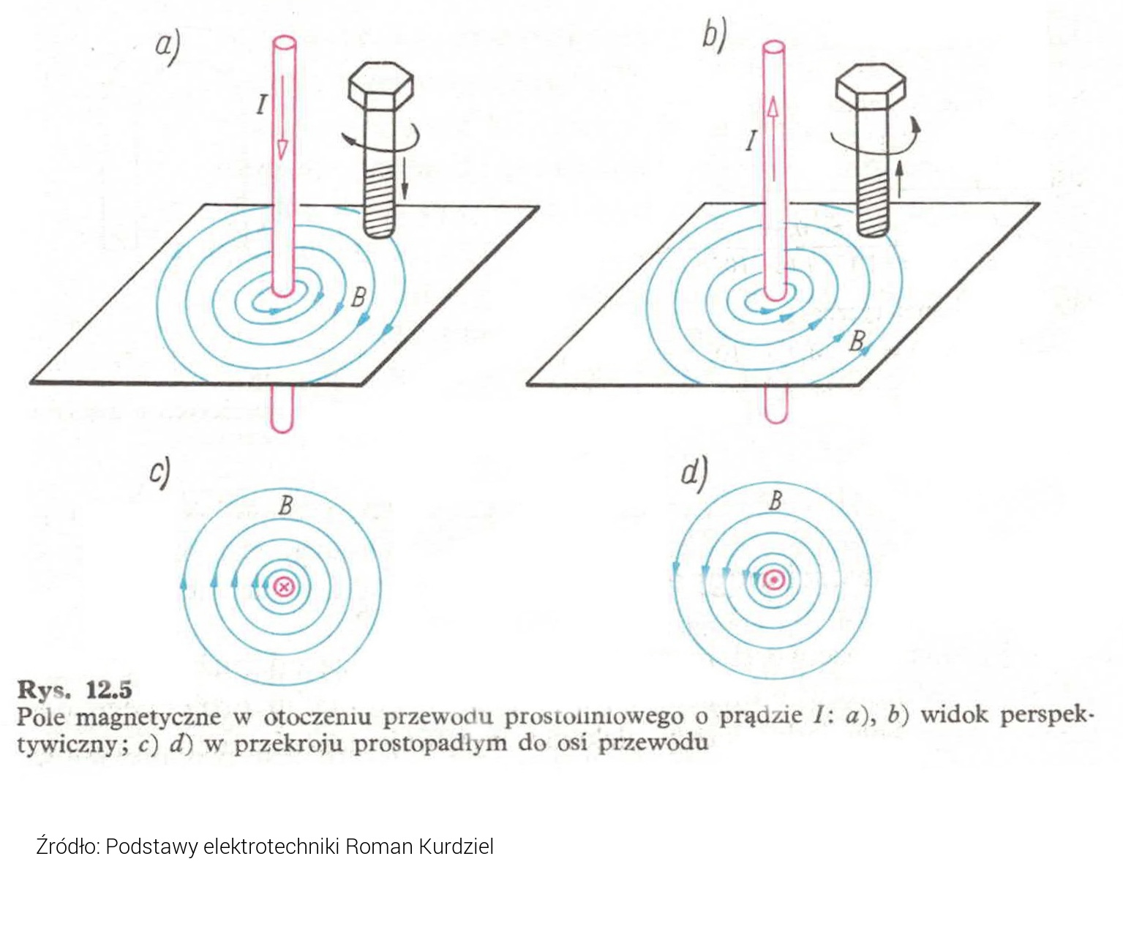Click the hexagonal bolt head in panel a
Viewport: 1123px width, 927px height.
[x=381, y=86]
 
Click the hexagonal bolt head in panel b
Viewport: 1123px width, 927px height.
[x=871, y=86]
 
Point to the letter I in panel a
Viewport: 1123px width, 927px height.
[x=261, y=104]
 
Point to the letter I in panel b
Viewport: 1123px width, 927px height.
[x=751, y=141]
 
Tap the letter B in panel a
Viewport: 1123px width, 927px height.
[x=358, y=297]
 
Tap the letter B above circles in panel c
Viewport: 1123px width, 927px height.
[x=285, y=506]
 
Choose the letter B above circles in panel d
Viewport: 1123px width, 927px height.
[x=775, y=501]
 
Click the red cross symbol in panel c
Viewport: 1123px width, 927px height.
[x=285, y=587]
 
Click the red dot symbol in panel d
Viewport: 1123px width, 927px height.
[x=775, y=580]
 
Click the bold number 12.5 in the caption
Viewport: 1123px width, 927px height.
[x=109, y=690]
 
